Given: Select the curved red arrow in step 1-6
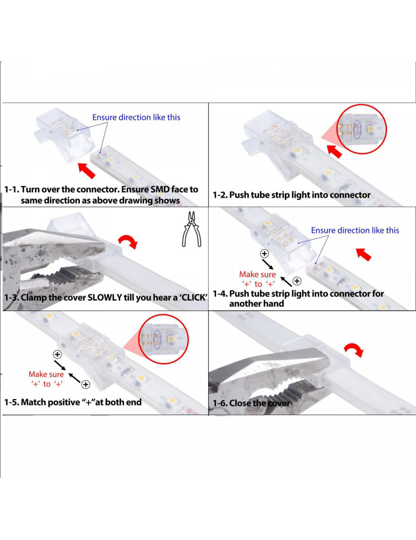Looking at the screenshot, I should (353, 350).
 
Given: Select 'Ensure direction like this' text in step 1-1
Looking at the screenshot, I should (136, 117).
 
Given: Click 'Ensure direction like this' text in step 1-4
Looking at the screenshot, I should (355, 231).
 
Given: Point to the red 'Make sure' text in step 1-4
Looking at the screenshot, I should (257, 274).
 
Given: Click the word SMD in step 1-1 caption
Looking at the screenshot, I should (160, 190).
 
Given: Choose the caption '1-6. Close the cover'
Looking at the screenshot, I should (251, 403).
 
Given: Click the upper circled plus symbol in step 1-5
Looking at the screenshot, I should (57, 354).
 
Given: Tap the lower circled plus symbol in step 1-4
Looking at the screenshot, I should (297, 281).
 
